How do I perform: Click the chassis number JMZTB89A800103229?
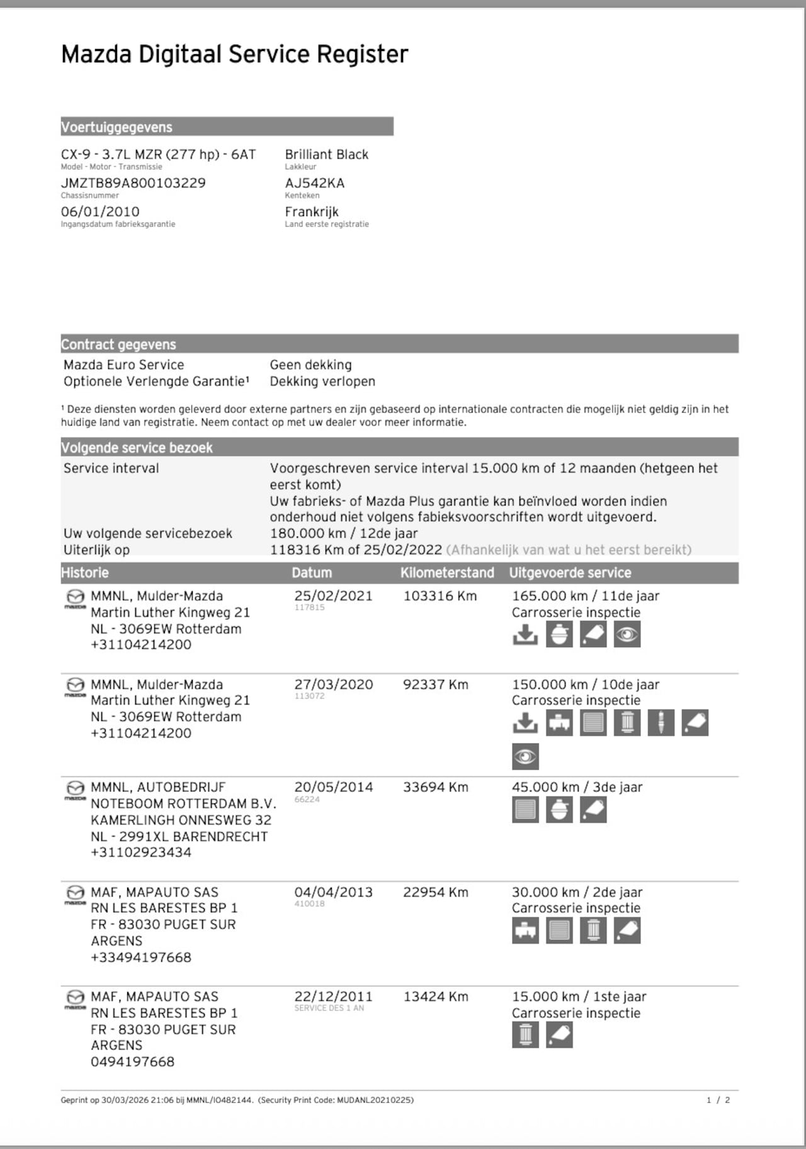[133, 183]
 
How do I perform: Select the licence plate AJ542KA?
[314, 183]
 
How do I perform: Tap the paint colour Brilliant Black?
[326, 154]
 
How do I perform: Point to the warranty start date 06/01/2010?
[100, 212]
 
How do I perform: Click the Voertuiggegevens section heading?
[116, 127]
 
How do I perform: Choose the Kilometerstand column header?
[447, 573]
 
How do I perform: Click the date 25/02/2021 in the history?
[333, 596]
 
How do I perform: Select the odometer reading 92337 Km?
[435, 684]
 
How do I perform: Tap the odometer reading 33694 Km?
[435, 787]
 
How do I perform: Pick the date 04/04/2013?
[333, 892]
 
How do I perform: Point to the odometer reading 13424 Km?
[435, 997]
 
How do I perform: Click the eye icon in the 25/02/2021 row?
[627, 635]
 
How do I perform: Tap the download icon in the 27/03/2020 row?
[525, 723]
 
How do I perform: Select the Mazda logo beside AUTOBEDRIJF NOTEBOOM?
[75, 790]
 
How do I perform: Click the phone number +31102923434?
[141, 852]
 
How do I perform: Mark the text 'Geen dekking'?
[310, 365]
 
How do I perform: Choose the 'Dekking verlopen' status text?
[322, 382]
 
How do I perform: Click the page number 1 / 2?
[718, 1100]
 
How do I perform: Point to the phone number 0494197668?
[132, 1061]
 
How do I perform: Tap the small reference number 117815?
[309, 608]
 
